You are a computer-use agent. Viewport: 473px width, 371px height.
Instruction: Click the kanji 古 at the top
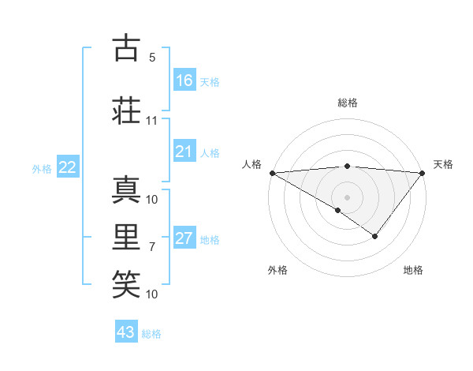127,48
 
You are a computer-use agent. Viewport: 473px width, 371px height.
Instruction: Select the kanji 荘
127,111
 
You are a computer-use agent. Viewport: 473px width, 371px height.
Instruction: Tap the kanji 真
127,190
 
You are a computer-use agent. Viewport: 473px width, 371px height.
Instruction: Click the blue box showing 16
184,80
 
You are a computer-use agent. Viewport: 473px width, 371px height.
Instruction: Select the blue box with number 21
184,152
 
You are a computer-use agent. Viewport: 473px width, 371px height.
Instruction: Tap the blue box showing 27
184,238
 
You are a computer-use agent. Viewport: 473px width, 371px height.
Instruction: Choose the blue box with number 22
68,167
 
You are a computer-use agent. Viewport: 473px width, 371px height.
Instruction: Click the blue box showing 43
126,332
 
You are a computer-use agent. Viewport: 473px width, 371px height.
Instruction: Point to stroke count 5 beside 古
152,58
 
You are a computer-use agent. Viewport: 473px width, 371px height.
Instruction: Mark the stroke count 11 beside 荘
152,121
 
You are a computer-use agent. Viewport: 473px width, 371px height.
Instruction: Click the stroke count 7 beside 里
152,247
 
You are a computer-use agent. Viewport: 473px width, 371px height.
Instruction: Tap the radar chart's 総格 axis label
347,103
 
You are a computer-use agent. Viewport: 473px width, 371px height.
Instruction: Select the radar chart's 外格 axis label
277,270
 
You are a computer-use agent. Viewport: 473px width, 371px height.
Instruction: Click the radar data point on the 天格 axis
423,172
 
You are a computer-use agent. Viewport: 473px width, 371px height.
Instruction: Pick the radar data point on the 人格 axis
272,172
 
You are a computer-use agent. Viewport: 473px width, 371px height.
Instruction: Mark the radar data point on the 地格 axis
375,236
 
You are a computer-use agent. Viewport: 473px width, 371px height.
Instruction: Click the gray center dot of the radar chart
347,197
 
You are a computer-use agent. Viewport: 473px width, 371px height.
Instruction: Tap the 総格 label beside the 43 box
151,334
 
